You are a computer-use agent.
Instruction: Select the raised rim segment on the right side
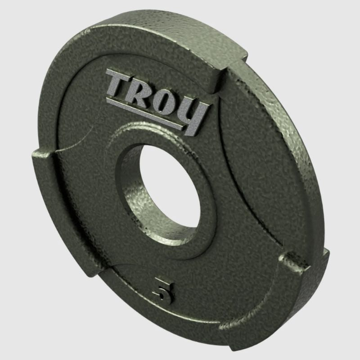point(288,157)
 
